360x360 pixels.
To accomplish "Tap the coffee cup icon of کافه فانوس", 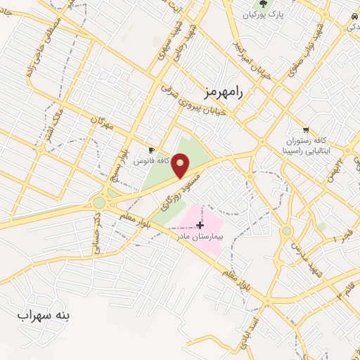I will (151, 150).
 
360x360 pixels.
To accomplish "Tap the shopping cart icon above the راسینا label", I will (306, 129).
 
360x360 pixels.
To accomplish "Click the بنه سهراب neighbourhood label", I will (44, 316).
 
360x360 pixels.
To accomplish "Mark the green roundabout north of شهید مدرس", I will (287, 231).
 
